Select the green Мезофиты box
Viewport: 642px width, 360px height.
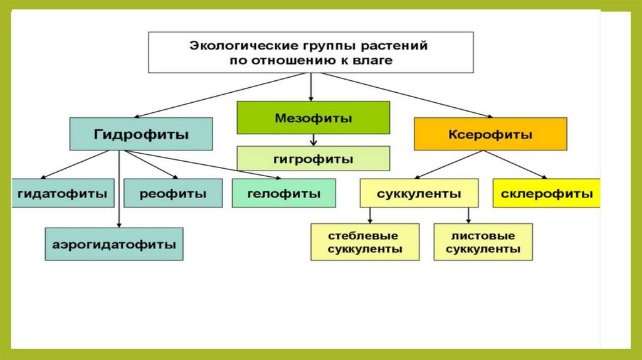(313, 118)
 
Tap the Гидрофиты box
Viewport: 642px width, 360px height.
(141, 134)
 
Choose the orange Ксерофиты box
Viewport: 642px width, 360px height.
(490, 134)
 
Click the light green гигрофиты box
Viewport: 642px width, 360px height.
(313, 159)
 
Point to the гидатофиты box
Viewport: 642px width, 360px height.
(63, 194)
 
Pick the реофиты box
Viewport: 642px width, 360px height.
(172, 194)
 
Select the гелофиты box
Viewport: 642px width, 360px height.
(283, 194)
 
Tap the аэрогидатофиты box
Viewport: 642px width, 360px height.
(114, 244)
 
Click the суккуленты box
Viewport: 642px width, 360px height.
(419, 194)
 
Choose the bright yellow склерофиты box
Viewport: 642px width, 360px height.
(546, 194)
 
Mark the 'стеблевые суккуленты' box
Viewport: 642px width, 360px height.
(365, 243)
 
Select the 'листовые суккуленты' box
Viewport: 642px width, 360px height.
(483, 243)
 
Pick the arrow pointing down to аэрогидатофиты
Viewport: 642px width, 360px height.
(119, 194)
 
